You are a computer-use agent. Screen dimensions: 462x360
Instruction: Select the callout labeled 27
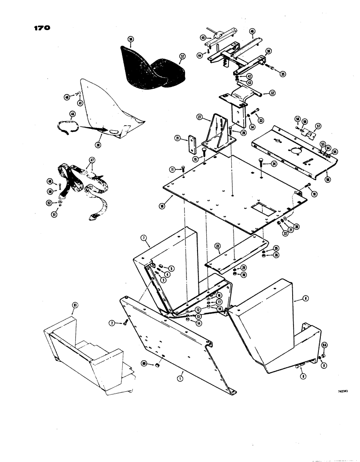(201, 118)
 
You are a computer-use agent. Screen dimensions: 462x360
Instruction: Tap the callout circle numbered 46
(252, 32)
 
